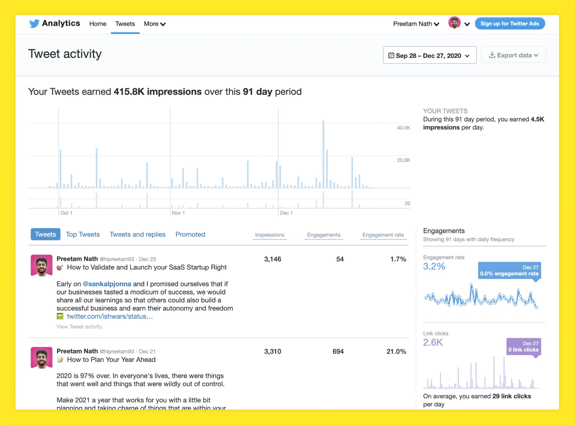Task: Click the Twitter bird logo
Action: tap(34, 23)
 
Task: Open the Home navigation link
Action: tap(98, 24)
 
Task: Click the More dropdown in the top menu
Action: tap(154, 24)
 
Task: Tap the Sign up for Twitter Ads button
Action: tap(509, 23)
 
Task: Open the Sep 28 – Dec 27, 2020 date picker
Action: tap(429, 56)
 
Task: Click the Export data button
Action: tap(513, 55)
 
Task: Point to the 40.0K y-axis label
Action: tap(403, 128)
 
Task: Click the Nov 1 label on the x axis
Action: tap(178, 213)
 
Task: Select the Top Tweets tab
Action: tap(83, 235)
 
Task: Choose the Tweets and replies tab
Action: tap(137, 235)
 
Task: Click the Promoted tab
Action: tap(190, 235)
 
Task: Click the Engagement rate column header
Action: tap(383, 235)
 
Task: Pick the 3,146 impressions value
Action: tap(273, 259)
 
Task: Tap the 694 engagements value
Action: tap(338, 351)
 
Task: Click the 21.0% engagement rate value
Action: tap(396, 351)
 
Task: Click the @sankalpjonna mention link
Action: tap(107, 284)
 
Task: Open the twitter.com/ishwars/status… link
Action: tap(109, 317)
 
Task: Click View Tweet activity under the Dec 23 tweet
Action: tap(79, 327)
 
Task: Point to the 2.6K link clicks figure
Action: tap(433, 343)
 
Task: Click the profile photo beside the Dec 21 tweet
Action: tap(42, 357)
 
